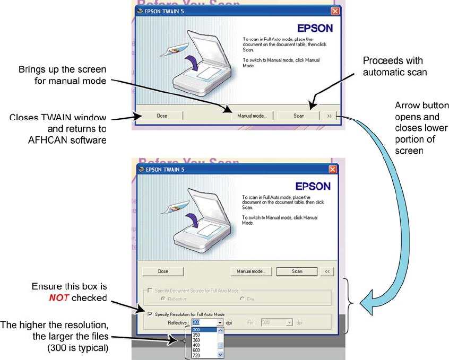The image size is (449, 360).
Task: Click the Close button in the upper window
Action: pyautogui.click(x=162, y=116)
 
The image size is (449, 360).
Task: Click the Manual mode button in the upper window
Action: pyautogui.click(x=252, y=116)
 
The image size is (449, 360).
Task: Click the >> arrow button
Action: pyautogui.click(x=329, y=116)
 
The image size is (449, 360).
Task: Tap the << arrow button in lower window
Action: pyautogui.click(x=327, y=271)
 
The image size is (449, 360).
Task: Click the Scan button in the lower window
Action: pyautogui.click(x=297, y=271)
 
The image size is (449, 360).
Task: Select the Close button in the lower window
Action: pyautogui.click(x=163, y=271)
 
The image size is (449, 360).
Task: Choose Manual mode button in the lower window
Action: pyautogui.click(x=252, y=271)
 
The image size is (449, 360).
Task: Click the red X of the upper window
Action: pyautogui.click(x=335, y=11)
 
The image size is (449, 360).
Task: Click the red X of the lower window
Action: pyautogui.click(x=332, y=169)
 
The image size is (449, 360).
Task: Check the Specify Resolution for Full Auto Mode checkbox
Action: pyautogui.click(x=151, y=314)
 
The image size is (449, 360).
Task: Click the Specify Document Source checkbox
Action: pyautogui.click(x=151, y=291)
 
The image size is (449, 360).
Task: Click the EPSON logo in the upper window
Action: pyautogui.click(x=314, y=28)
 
